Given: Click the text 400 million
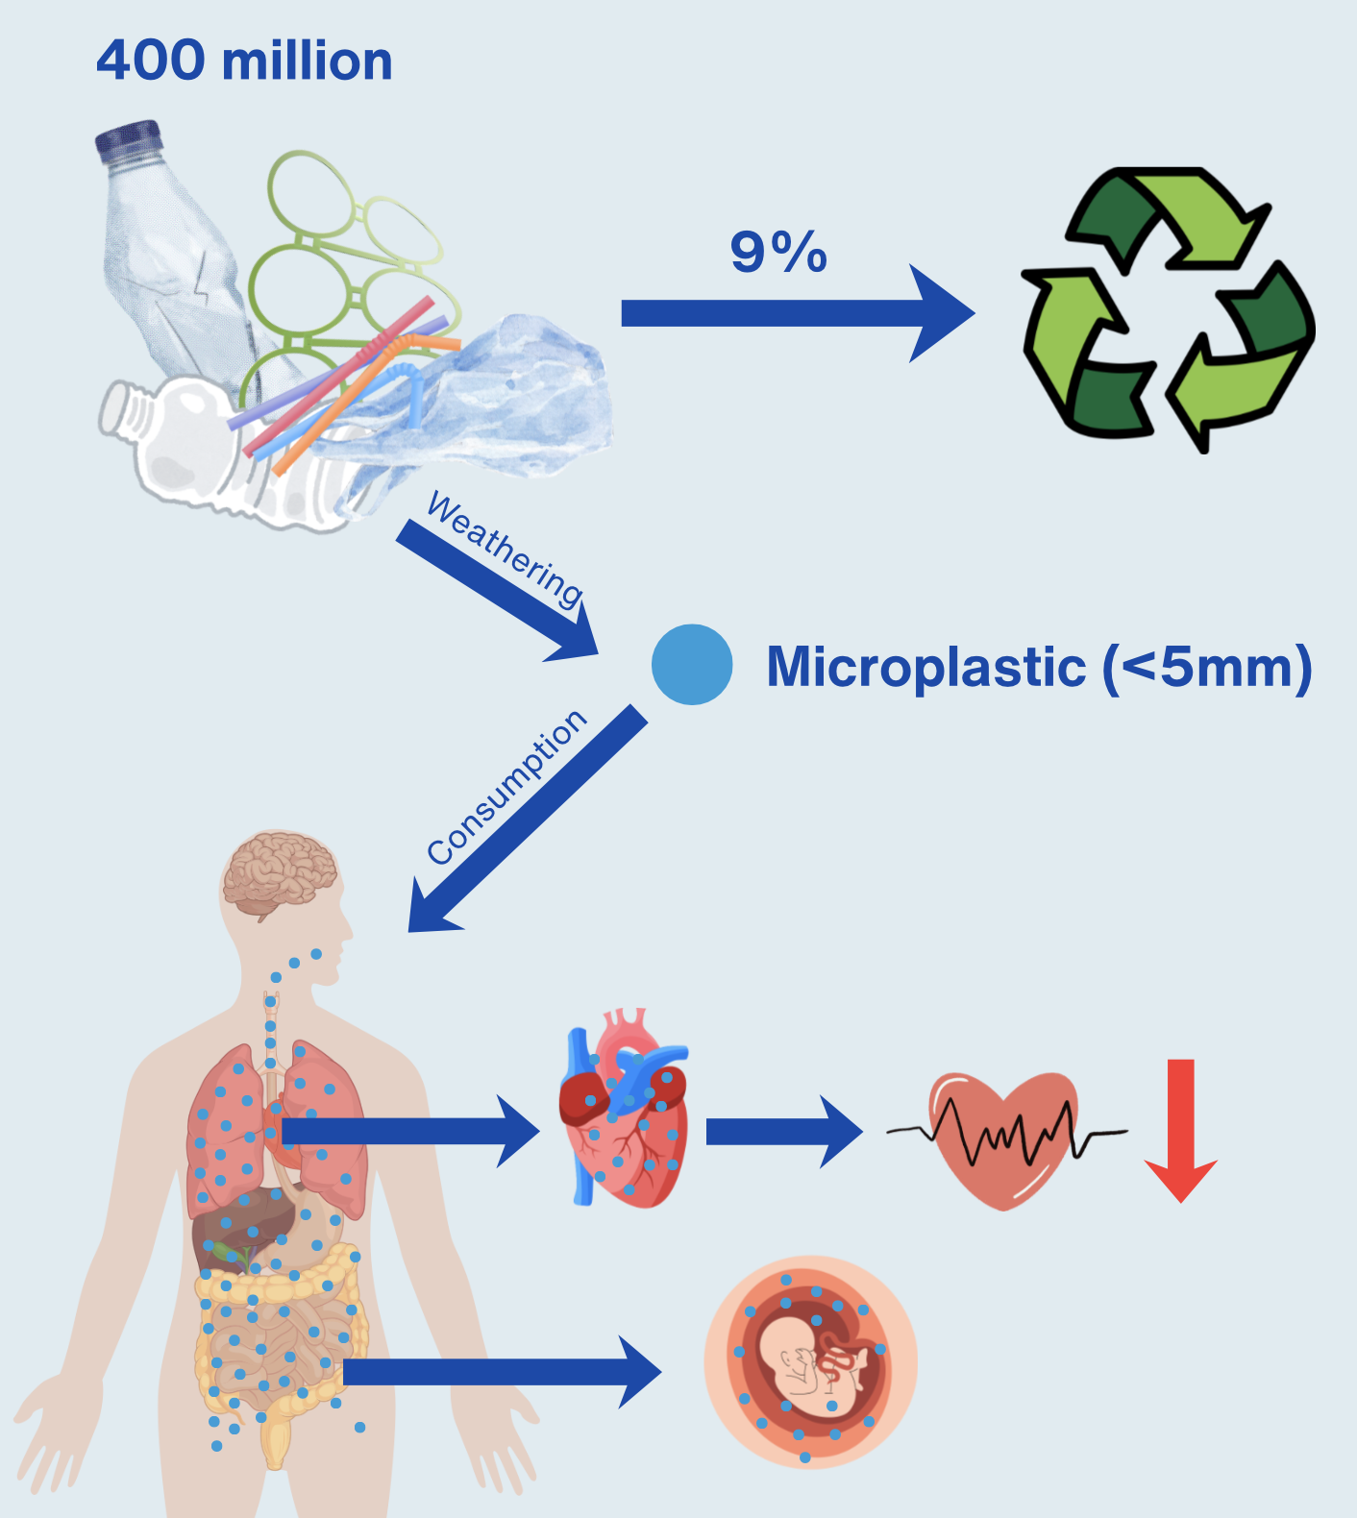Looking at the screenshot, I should click(244, 61).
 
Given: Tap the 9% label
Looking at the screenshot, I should click(778, 253).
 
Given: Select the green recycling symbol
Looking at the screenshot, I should click(1168, 309).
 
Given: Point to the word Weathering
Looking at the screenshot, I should click(505, 550).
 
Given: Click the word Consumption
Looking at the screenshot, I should click(506, 787).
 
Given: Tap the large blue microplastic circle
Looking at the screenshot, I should click(692, 665).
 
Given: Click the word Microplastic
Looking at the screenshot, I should click(926, 667).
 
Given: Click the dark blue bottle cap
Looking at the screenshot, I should click(129, 139).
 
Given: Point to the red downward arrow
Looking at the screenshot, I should click(1180, 1129).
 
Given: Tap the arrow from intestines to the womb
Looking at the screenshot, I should click(500, 1372).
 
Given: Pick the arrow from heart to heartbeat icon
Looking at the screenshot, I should click(783, 1132).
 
